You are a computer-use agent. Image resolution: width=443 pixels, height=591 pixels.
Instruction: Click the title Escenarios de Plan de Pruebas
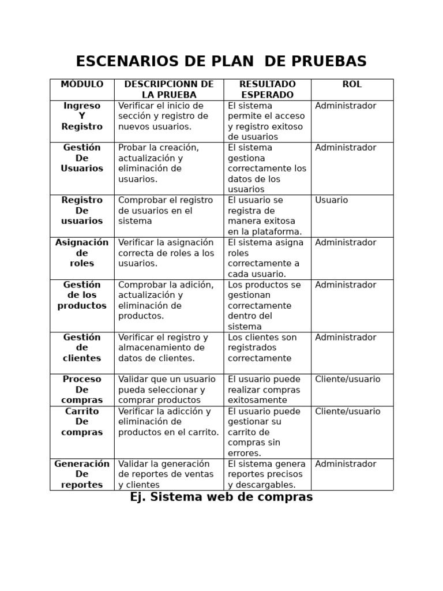click(221, 62)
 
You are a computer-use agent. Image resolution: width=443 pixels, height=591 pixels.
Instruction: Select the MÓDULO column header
click(82, 85)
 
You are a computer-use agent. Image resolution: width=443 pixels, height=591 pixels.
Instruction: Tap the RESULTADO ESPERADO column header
click(267, 89)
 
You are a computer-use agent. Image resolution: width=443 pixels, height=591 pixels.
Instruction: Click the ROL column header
click(352, 85)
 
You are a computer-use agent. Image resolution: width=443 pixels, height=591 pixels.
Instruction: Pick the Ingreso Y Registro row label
click(82, 116)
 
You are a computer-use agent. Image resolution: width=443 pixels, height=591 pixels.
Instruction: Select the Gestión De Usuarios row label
click(82, 158)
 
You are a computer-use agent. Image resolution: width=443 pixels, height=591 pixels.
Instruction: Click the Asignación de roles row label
click(82, 253)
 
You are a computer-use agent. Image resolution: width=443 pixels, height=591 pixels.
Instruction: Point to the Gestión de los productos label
click(82, 295)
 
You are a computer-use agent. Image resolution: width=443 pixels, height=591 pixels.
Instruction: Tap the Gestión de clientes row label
click(82, 347)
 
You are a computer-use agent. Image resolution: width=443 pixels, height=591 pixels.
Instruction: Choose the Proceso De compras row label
click(82, 390)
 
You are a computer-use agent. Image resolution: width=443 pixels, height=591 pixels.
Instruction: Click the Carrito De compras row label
click(82, 422)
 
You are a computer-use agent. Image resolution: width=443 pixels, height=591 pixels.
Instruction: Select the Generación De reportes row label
click(82, 474)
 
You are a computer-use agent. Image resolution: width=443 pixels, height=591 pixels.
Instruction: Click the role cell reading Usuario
click(332, 200)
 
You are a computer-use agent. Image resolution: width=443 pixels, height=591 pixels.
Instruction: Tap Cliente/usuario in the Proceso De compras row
click(348, 379)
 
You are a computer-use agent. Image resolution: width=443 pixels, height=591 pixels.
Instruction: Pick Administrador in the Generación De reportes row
click(346, 464)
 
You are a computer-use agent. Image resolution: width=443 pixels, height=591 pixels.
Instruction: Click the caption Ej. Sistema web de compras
click(221, 497)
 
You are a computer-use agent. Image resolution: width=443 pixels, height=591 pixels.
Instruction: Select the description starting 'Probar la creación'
click(159, 163)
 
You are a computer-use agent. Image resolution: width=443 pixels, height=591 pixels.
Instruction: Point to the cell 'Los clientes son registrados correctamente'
click(262, 347)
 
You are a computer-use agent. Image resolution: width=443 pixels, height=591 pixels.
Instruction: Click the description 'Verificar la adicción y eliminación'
click(168, 422)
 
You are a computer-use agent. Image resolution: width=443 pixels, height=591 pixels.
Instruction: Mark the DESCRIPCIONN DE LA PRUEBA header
click(169, 89)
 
